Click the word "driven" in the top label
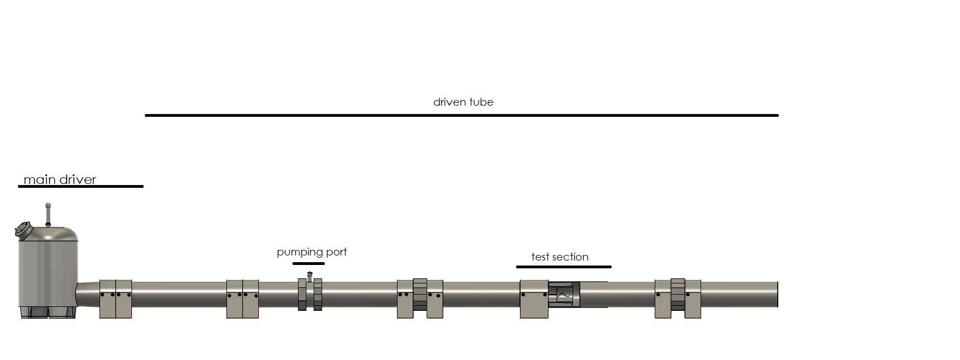(x=450, y=102)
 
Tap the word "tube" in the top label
(x=482, y=102)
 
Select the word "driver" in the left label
(x=77, y=179)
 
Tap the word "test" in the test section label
(x=540, y=257)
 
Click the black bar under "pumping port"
(x=309, y=263)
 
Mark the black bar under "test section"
(x=564, y=267)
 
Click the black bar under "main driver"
(x=81, y=186)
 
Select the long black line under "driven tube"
(x=462, y=115)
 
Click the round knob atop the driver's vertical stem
(x=48, y=206)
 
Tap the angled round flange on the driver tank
(x=22, y=230)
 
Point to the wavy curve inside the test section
(x=562, y=293)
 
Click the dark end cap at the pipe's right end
(x=777, y=295)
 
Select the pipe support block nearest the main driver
(x=116, y=299)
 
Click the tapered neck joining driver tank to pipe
(x=88, y=295)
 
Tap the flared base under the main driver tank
(x=48, y=312)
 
